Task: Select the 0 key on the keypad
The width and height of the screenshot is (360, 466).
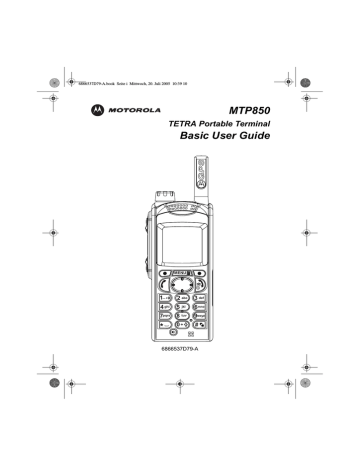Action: coord(181,326)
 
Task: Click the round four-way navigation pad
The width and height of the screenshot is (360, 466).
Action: coord(181,285)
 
